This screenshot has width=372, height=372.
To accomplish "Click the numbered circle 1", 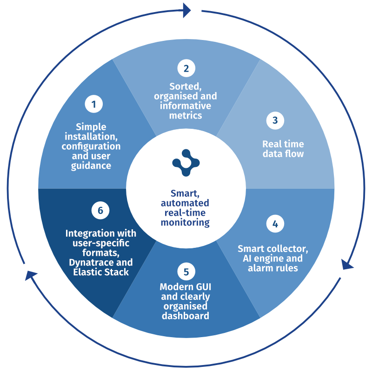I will click(x=93, y=104).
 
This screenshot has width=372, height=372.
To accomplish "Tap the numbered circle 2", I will click(x=186, y=68).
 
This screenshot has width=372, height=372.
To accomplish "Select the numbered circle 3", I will click(x=275, y=120).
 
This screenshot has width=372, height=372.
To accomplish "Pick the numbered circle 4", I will click(x=275, y=224).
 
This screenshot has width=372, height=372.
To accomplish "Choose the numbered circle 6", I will click(x=100, y=211).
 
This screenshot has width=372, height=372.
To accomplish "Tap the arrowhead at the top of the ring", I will click(x=187, y=10).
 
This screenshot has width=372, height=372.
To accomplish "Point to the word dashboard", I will click(x=185, y=316).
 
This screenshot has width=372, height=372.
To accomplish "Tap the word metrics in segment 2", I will click(x=186, y=115).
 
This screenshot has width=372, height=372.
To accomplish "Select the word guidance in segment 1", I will click(x=91, y=165).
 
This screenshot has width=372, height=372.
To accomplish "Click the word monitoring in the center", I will click(x=185, y=222).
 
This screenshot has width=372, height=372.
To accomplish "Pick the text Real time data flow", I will click(x=282, y=149).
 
